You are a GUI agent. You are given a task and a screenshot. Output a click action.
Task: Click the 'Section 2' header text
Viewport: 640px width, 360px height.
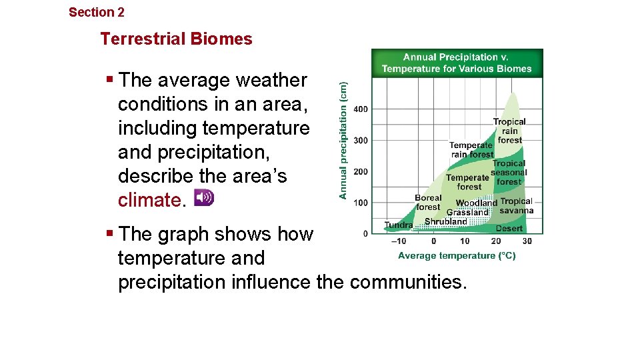click(96, 12)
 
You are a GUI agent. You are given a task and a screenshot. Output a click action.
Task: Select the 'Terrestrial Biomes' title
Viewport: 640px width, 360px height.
click(176, 39)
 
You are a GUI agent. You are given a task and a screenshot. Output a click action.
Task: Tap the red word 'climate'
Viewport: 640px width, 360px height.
click(149, 200)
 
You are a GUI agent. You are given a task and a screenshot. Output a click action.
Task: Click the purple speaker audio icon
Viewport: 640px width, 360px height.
click(203, 197)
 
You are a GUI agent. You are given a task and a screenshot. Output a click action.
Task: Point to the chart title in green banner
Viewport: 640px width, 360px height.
click(457, 63)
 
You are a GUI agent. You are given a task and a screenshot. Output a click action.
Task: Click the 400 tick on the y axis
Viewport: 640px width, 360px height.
click(360, 109)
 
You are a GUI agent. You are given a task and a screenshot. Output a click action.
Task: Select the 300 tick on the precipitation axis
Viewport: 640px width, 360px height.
click(360, 140)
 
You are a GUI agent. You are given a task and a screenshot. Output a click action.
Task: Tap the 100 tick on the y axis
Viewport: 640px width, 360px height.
click(360, 203)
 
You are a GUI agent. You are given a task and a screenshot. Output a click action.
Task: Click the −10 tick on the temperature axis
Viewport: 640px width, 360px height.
click(397, 241)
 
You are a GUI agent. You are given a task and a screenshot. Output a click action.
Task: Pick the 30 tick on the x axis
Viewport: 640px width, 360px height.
click(527, 241)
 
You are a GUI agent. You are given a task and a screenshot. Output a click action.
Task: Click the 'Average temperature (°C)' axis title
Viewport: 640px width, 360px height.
click(457, 255)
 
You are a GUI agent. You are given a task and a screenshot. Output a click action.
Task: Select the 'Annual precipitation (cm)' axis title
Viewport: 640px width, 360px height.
click(343, 140)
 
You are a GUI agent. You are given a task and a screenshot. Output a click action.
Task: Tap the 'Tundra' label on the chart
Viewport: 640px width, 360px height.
click(399, 225)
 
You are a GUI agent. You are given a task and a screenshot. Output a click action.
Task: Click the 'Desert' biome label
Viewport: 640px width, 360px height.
click(509, 228)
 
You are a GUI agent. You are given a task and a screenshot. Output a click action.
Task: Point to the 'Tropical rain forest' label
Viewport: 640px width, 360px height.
click(509, 131)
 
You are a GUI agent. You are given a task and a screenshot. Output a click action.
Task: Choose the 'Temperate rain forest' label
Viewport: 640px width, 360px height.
click(471, 150)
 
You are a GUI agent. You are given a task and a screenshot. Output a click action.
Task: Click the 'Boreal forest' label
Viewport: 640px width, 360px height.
click(428, 203)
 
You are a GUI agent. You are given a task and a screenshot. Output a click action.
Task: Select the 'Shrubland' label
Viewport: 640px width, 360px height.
click(446, 221)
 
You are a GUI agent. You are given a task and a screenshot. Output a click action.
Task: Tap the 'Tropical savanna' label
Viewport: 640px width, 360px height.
click(517, 206)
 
